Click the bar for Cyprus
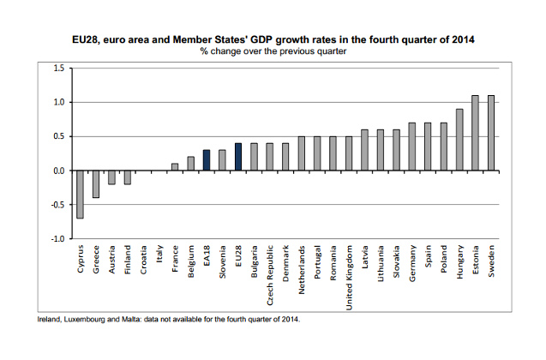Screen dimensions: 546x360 pos(80,195)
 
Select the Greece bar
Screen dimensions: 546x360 pos(96,184)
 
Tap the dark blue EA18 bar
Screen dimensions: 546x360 pos(207,160)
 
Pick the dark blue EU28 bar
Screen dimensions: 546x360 pos(238,157)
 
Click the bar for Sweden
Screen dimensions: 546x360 pos(491,133)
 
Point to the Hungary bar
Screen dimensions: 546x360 pos(459,140)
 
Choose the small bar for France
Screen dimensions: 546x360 pos(175,167)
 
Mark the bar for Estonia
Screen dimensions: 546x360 pos(475,133)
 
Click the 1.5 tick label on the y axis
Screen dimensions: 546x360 pos(59,69)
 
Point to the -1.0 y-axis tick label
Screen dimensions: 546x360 pos(57,239)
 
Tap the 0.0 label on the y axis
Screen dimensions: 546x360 pos(59,171)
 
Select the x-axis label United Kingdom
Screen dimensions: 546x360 pos(349,278)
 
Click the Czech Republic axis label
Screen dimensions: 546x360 pos(270,275)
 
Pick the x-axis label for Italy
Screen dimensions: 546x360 pos(159,254)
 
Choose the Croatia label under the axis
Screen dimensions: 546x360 pos(143,260)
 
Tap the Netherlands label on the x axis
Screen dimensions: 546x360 pos(302,270)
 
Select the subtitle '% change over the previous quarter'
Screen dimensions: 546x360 pos(273,51)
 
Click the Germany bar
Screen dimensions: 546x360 pos(412,147)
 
